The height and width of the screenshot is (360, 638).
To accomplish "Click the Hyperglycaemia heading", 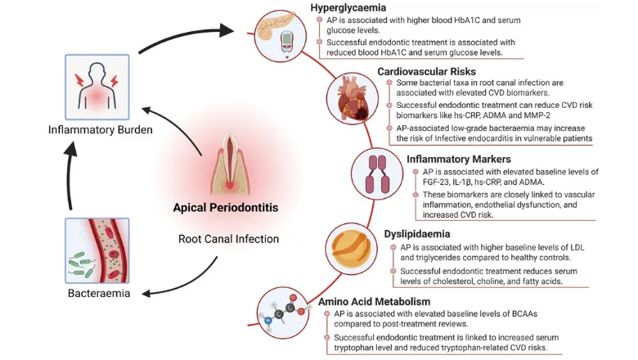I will [349, 8].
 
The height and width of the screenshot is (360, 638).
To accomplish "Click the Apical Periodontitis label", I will [225, 208].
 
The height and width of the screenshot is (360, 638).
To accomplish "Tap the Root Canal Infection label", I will [225, 239].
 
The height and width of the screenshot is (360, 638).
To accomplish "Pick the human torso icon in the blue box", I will [92, 86].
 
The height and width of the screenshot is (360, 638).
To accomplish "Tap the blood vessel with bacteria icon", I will [92, 249].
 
